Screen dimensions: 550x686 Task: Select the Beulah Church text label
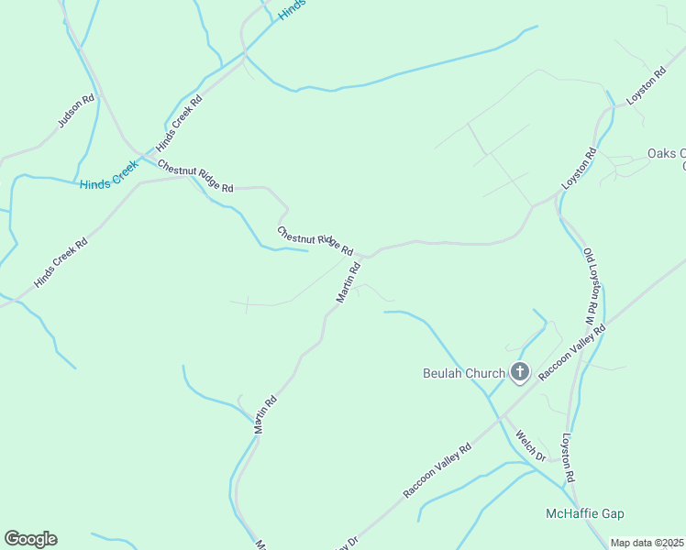(x=463, y=373)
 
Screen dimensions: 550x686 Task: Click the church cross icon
(x=520, y=372)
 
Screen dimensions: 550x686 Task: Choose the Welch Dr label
(x=530, y=445)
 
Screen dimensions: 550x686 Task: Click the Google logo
(x=30, y=539)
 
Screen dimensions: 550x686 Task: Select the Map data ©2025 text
(x=647, y=543)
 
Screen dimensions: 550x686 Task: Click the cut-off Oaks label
(x=666, y=154)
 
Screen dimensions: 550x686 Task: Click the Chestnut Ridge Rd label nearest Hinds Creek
(x=195, y=176)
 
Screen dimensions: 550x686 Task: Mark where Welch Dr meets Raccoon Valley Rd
(x=501, y=420)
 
